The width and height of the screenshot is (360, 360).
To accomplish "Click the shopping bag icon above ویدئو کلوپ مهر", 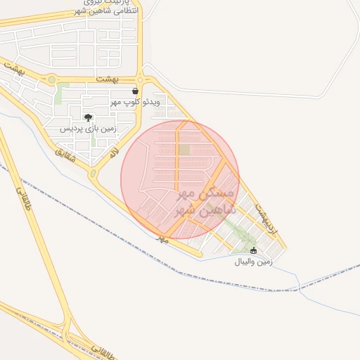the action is [x=135, y=91].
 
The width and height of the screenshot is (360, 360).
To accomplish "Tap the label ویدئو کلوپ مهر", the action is [x=135, y=103].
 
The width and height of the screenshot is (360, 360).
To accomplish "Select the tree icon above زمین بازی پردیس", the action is [x=88, y=118].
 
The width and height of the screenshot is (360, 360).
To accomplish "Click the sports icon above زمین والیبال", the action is [x=253, y=251].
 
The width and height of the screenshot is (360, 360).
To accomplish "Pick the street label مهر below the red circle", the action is [x=164, y=240].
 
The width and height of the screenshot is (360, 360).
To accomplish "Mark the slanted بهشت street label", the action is [x=15, y=69].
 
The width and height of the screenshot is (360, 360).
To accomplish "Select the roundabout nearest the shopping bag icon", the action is [x=141, y=79].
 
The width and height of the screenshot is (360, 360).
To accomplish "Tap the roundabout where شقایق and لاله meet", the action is [x=93, y=173].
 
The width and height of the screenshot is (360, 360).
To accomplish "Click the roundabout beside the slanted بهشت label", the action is [x=51, y=80].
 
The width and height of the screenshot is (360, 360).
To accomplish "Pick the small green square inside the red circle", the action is [x=184, y=149].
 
